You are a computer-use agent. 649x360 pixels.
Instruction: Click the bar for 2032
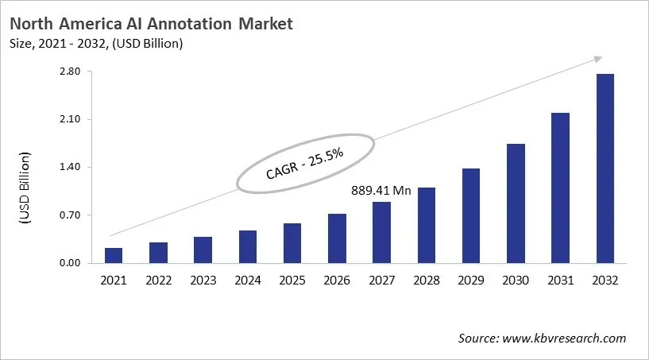(x=605, y=168)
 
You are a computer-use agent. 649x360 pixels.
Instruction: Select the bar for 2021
(x=114, y=255)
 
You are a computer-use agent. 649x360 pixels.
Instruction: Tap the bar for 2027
(x=382, y=232)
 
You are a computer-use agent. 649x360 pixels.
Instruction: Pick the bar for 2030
(x=516, y=203)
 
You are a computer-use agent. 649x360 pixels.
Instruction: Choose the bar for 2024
(x=248, y=246)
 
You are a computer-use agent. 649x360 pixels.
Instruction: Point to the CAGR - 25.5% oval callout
(x=305, y=162)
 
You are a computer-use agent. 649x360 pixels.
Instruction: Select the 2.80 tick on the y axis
(x=70, y=72)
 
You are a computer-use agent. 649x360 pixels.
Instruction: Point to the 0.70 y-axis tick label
(x=70, y=215)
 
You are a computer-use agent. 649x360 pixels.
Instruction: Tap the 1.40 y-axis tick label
(x=70, y=167)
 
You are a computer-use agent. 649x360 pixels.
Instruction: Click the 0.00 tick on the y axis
(x=70, y=263)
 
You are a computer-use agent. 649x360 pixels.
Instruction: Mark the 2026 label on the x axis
(x=337, y=280)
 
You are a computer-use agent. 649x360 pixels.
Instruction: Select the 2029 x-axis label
(x=471, y=280)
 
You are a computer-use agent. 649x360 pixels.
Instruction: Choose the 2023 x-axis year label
(x=203, y=280)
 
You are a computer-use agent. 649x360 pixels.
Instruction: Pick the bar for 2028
(x=427, y=225)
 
